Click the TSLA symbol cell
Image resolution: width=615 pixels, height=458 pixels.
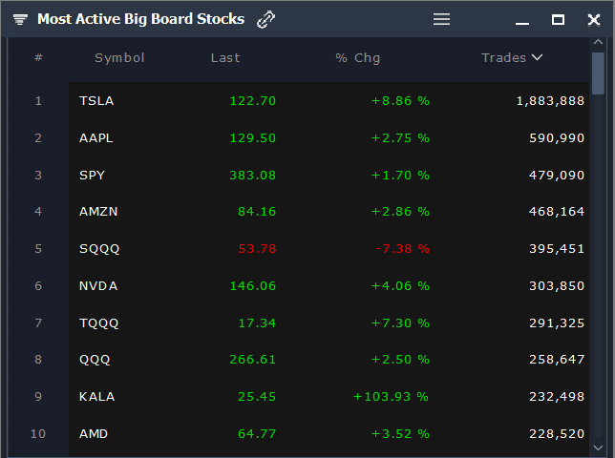pos(96,101)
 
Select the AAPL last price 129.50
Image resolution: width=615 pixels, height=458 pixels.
pos(252,138)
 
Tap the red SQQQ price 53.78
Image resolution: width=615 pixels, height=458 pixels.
pos(256,249)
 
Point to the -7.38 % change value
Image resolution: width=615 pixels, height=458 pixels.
pos(401,249)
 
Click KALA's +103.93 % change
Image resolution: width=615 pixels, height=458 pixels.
pos(391,397)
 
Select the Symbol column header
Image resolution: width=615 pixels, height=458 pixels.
pos(119,58)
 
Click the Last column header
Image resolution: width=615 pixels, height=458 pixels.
pos(225,58)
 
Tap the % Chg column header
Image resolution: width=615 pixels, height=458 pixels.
pos(358,58)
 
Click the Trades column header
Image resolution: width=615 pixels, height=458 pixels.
pos(511,58)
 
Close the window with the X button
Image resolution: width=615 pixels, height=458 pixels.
pos(594,20)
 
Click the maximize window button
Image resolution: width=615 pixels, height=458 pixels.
pos(559,20)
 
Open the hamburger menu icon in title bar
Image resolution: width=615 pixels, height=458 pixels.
pos(441,19)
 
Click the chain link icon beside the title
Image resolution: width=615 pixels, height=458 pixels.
pos(266,20)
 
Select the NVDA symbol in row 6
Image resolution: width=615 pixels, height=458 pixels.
pos(96,286)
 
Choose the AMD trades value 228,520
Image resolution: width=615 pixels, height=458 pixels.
pos(556,434)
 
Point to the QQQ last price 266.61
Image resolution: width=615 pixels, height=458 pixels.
pos(252,360)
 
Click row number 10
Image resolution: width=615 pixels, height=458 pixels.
pos(38,434)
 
